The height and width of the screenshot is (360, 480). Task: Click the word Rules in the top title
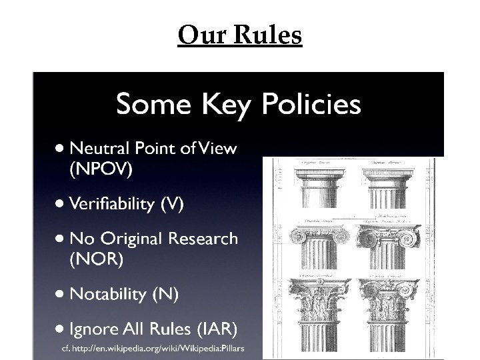tap(268, 35)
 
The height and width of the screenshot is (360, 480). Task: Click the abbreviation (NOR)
tap(96, 259)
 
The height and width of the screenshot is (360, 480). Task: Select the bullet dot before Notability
tap(61, 293)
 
